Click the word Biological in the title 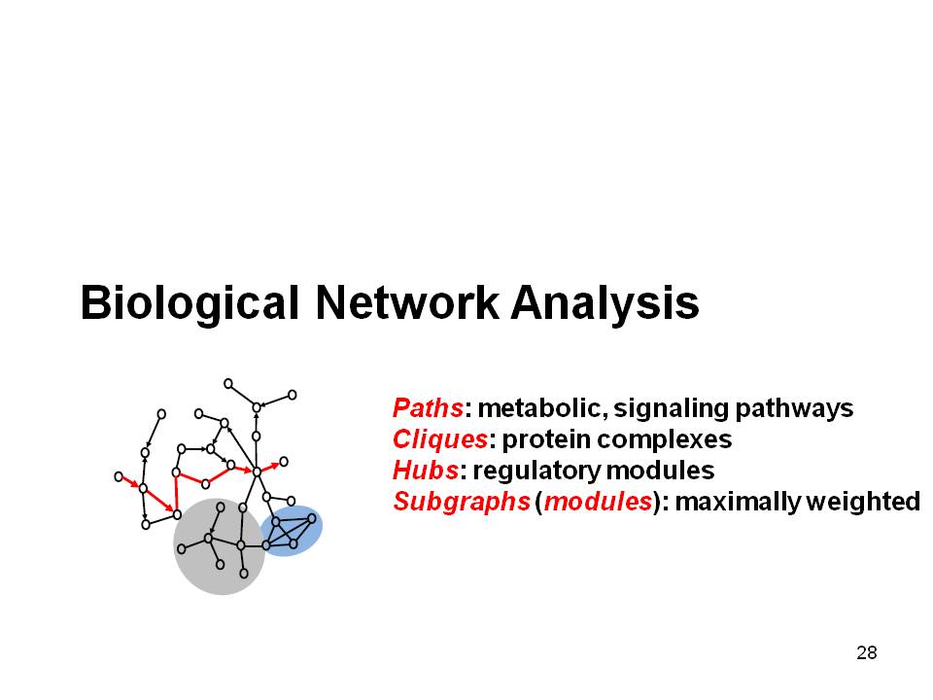[190, 304]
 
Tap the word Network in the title [407, 302]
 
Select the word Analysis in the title [605, 304]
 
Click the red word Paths [428, 407]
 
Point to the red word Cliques [440, 439]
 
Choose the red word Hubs [426, 471]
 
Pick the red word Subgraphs [462, 502]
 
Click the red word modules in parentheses [598, 502]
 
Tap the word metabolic [542, 408]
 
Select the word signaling [672, 409]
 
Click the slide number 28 [866, 653]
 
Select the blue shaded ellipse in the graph [291, 531]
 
